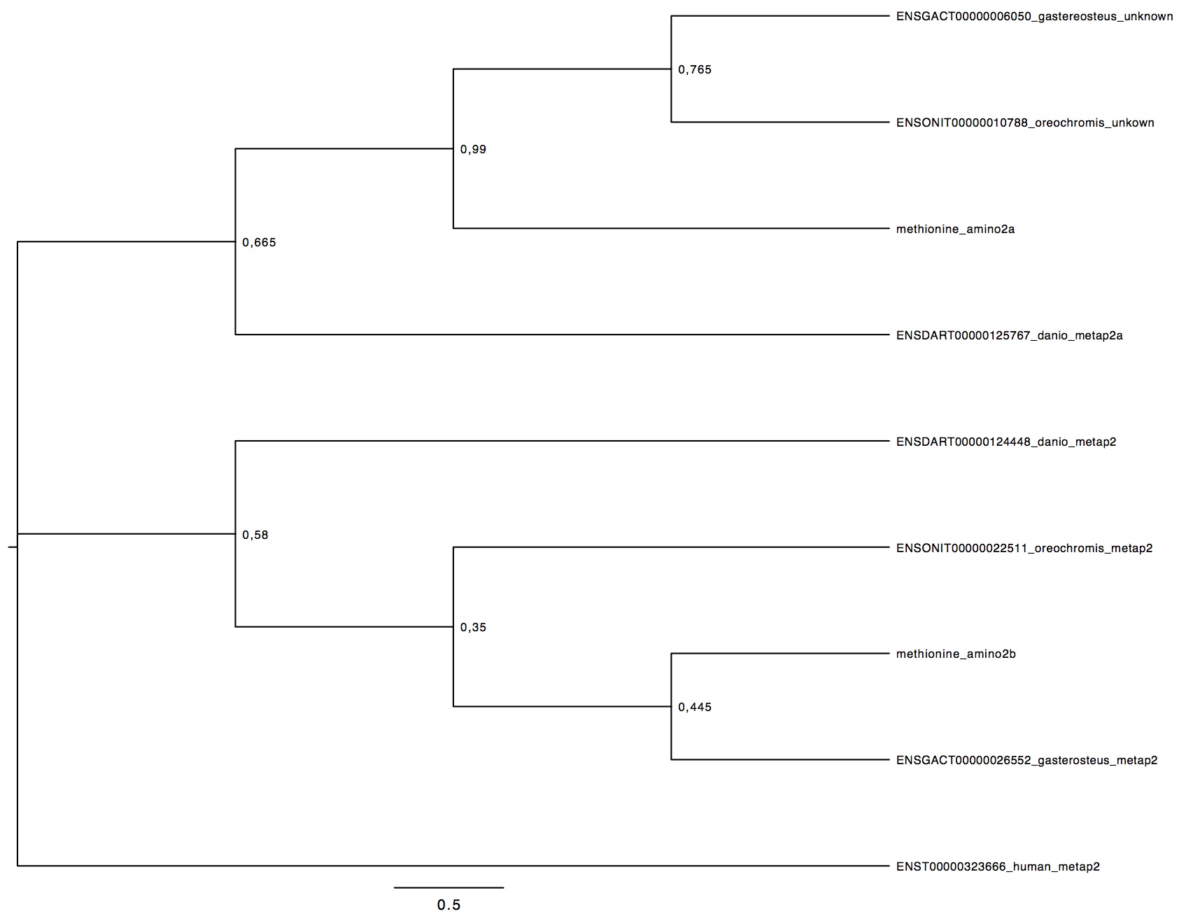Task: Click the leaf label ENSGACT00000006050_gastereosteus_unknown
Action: pos(1034,17)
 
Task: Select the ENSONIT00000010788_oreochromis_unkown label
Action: pos(1025,123)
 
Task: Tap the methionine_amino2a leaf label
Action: pos(955,229)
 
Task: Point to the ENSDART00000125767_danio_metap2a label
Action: pos(1009,335)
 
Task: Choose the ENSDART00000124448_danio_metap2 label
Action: pos(1006,442)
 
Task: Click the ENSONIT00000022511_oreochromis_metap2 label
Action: pos(1024,548)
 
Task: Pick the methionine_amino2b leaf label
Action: pos(956,654)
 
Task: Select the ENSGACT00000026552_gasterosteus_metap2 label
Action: pos(1026,760)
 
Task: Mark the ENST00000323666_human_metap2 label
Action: pos(998,866)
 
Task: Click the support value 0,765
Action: pos(695,70)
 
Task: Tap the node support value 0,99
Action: pos(473,150)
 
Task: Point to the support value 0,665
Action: pos(259,244)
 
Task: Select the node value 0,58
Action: pos(255,535)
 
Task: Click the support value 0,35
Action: pos(473,628)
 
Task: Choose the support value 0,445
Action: pos(695,708)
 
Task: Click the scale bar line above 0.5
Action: pos(449,887)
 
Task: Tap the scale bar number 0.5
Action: pos(449,905)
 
